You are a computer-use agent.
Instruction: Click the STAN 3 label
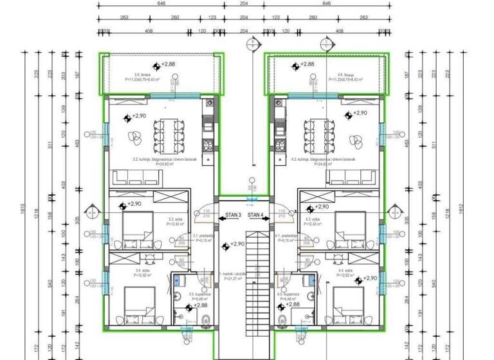pos(233,215)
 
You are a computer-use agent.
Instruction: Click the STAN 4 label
pos(255,215)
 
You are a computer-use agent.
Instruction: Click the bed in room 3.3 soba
pos(136,225)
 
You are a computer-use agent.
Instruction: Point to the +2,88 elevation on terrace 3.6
pos(168,64)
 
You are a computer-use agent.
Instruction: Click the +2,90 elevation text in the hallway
pos(237,244)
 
